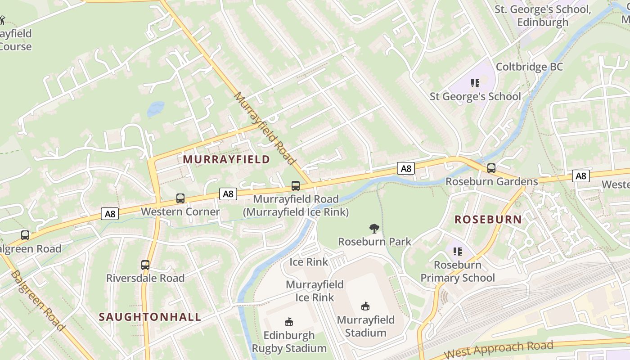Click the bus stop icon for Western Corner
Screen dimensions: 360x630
click(180, 198)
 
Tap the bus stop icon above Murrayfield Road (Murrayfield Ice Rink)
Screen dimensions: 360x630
click(296, 185)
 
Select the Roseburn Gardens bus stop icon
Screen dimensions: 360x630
click(491, 168)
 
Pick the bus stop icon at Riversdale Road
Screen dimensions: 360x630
click(145, 265)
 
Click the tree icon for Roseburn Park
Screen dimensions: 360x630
click(374, 229)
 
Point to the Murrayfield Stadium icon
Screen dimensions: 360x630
click(365, 306)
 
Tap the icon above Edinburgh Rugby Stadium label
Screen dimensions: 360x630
click(289, 322)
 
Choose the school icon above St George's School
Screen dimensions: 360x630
click(475, 83)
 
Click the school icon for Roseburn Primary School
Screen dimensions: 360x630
click(458, 251)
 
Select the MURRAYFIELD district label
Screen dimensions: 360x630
click(226, 159)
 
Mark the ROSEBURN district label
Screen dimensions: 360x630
click(488, 220)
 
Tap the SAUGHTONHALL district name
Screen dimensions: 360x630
click(150, 317)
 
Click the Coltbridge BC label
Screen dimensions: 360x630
click(529, 67)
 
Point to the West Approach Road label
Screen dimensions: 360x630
click(498, 349)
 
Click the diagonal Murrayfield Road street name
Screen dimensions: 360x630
click(265, 129)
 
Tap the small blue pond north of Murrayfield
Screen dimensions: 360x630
click(156, 109)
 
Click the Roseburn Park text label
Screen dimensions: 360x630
click(374, 242)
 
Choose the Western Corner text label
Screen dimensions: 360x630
click(180, 211)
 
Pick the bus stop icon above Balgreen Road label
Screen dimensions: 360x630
click(25, 235)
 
